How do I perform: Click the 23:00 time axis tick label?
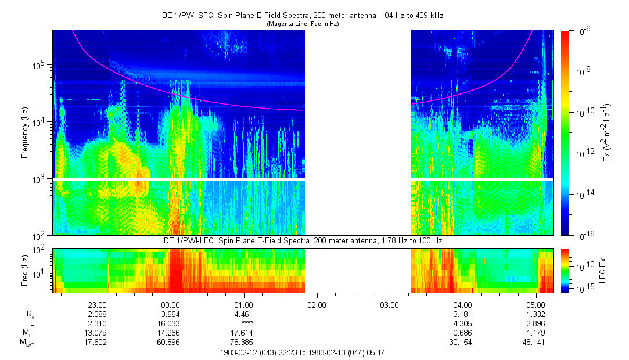[x=96, y=304]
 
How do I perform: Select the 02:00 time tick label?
[x=317, y=304]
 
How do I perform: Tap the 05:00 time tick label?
[x=535, y=304]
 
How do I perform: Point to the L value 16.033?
[x=170, y=323]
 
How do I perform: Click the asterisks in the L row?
[x=243, y=323]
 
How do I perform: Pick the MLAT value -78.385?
[x=243, y=343]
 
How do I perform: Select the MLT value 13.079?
[x=96, y=333]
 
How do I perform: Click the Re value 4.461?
[x=243, y=314]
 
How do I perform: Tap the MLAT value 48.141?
[x=535, y=343]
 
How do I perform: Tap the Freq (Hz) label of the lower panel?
[x=25, y=270]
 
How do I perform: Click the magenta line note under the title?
[x=302, y=24]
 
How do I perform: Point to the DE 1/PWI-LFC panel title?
[x=302, y=240]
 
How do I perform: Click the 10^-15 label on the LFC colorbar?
[x=583, y=289]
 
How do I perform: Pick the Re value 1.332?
[x=535, y=314]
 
